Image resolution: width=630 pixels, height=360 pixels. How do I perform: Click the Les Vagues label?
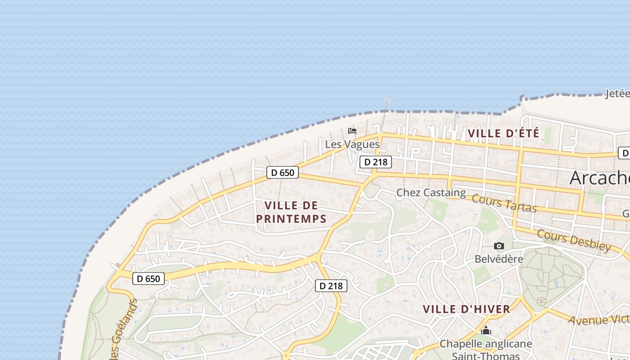[352, 144]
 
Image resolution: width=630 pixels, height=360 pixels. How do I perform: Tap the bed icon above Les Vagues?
[352, 131]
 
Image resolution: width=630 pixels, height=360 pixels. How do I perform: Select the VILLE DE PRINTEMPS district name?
[291, 212]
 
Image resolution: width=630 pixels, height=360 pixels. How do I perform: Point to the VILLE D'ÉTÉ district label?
[504, 133]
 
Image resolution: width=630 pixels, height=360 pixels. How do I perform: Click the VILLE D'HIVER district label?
[467, 309]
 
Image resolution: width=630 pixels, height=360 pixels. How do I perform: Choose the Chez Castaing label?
[431, 193]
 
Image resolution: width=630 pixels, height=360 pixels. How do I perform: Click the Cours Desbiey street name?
[574, 241]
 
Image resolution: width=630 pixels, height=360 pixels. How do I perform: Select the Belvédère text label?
[499, 259]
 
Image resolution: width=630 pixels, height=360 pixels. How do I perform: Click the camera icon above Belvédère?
[499, 246]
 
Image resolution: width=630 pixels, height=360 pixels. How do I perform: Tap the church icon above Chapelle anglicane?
[486, 331]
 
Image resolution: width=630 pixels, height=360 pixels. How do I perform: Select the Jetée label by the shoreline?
[617, 94]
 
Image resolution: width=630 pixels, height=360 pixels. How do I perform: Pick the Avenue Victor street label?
[598, 319]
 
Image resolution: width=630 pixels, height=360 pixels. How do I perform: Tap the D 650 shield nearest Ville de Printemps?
[283, 172]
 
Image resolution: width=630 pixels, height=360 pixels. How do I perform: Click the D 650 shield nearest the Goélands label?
[148, 279]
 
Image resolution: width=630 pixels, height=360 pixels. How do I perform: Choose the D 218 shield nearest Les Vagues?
[375, 162]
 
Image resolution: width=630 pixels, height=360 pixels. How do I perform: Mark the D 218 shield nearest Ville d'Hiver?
[331, 285]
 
